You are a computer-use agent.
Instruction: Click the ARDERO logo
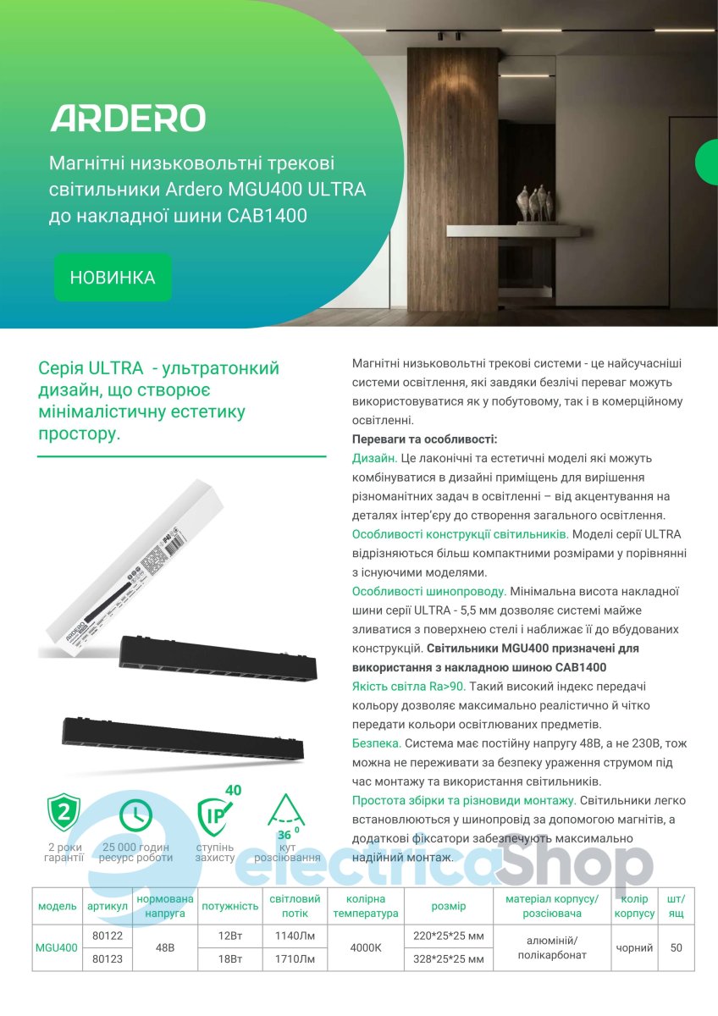click(128, 118)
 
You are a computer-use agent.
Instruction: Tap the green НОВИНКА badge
click(113, 277)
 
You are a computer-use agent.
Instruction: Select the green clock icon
click(135, 813)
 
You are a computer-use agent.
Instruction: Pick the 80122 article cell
click(107, 936)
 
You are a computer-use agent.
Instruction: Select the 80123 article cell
click(107, 959)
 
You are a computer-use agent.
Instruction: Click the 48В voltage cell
click(165, 948)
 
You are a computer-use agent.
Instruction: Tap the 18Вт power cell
click(229, 959)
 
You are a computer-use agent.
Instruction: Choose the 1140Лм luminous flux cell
click(295, 936)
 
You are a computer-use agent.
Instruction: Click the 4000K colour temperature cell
click(365, 948)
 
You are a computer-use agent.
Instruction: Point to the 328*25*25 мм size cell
click(448, 959)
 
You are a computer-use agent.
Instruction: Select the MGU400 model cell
click(58, 948)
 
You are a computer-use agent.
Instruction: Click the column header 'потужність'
click(229, 906)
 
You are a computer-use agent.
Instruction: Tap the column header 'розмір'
click(448, 906)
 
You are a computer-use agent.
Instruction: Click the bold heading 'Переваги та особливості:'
click(424, 439)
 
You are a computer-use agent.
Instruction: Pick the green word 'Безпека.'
click(376, 743)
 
